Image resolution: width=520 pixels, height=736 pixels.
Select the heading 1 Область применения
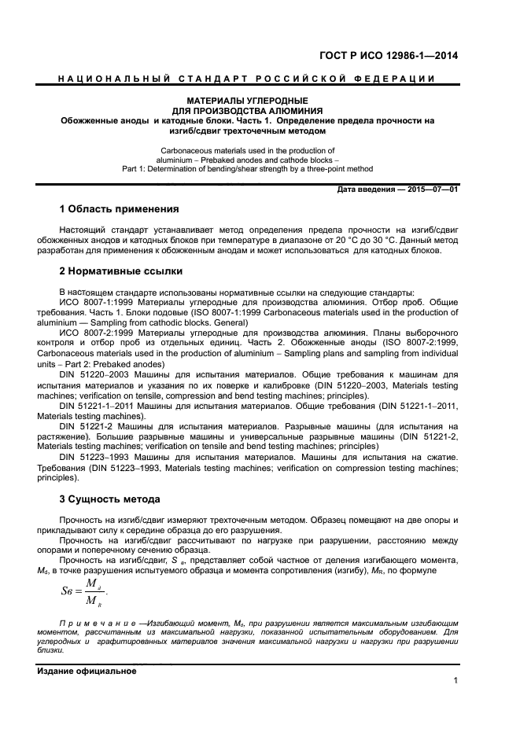tap(119, 209)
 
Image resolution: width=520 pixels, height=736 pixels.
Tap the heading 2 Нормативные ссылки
tap(121, 271)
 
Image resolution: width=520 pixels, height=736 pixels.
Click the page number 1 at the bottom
tap(455, 680)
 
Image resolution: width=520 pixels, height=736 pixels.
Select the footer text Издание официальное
tap(87, 671)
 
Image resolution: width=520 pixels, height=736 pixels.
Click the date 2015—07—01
tap(431, 190)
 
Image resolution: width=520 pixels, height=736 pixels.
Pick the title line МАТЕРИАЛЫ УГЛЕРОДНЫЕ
tap(247, 101)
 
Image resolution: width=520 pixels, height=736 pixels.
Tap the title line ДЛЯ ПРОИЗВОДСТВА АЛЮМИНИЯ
tap(247, 111)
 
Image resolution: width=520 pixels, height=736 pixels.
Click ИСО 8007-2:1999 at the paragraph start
tap(93, 333)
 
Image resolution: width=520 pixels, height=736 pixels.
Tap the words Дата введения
tap(366, 190)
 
